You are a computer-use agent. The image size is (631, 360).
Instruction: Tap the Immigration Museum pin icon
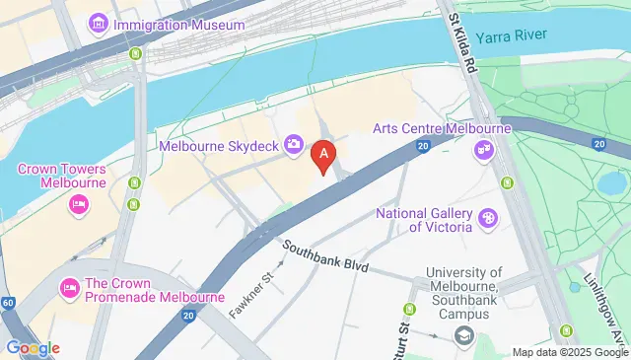click(99, 22)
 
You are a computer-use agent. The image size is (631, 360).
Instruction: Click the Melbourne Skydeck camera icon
click(294, 146)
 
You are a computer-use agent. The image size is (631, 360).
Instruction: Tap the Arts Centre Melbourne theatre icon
click(483, 150)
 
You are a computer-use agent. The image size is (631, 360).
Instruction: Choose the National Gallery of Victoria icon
click(487, 218)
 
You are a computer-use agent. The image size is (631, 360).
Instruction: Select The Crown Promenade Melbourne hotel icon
click(69, 289)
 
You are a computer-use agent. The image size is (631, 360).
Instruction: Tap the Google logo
click(33, 347)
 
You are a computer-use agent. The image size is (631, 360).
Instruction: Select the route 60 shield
click(8, 303)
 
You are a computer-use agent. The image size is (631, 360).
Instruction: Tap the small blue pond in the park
click(613, 183)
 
